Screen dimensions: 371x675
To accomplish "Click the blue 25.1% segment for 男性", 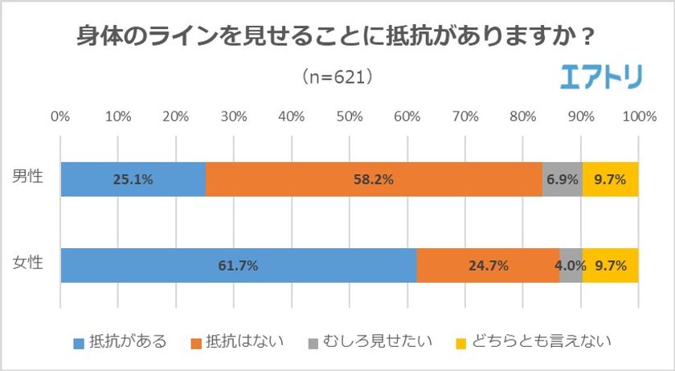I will point(133,179).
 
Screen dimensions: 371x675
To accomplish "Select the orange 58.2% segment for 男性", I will point(373,179).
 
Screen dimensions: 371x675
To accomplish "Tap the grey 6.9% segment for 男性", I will point(562,179).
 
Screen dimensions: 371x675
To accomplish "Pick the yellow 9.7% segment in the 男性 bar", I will point(610,179).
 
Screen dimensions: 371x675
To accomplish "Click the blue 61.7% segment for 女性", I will point(239,266).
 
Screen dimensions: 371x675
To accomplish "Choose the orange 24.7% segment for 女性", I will point(488,266).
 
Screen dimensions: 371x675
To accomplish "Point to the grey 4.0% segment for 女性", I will point(571,266).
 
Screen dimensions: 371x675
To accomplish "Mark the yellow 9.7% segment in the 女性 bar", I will point(610,266).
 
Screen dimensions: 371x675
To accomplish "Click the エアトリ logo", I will point(600,77).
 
